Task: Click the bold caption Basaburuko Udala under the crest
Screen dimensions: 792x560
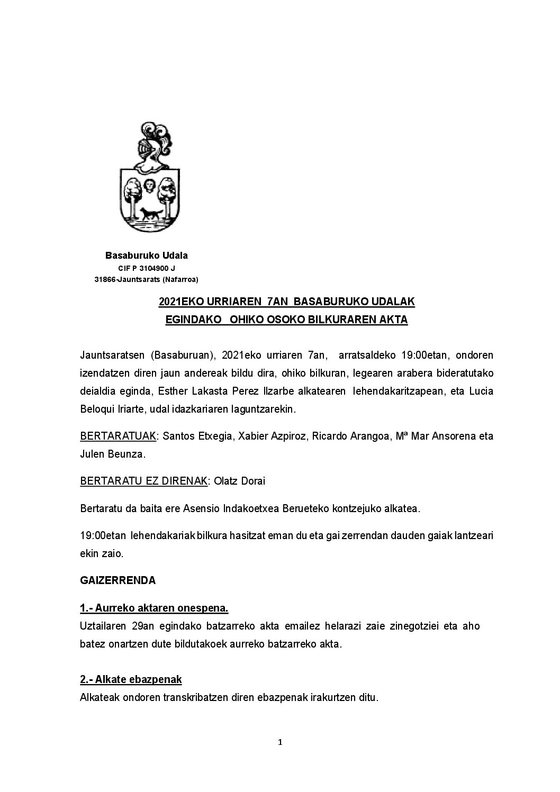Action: pyautogui.click(x=147, y=256)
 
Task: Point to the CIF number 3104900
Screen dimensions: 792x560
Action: pyautogui.click(x=150, y=268)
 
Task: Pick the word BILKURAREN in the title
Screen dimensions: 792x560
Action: pyautogui.click(x=341, y=320)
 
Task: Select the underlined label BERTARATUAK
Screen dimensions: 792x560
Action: pyautogui.click(x=118, y=436)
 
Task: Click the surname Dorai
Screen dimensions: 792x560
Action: pyautogui.click(x=253, y=481)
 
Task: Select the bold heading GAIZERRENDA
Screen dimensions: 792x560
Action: pyautogui.click(x=118, y=580)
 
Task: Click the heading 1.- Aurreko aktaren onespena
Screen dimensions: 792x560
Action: pyautogui.click(x=154, y=608)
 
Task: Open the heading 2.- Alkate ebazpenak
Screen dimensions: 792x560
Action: pyautogui.click(x=131, y=679)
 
